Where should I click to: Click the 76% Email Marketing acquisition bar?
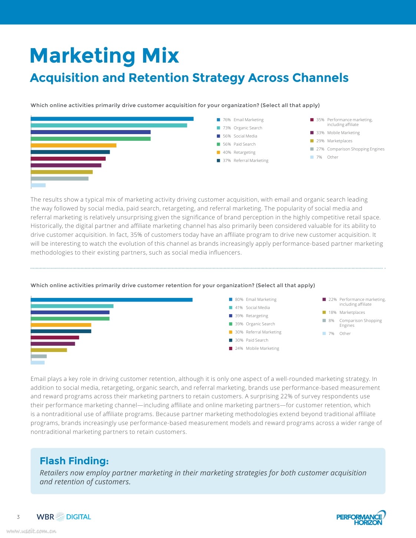(x=112, y=119)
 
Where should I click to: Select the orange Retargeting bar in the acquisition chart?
(x=73, y=145)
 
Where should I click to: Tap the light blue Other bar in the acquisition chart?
(x=38, y=185)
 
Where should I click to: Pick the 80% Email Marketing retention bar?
(x=112, y=300)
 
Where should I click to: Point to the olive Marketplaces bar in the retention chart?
(x=49, y=350)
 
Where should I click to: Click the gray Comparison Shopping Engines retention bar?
(x=39, y=356)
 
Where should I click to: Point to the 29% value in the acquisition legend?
(x=320, y=141)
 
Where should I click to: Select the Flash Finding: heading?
(x=74, y=461)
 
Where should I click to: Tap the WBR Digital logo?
(x=64, y=517)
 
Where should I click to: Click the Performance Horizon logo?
(x=361, y=518)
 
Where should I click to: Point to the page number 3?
(x=18, y=517)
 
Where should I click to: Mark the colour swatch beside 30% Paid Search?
(x=231, y=340)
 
